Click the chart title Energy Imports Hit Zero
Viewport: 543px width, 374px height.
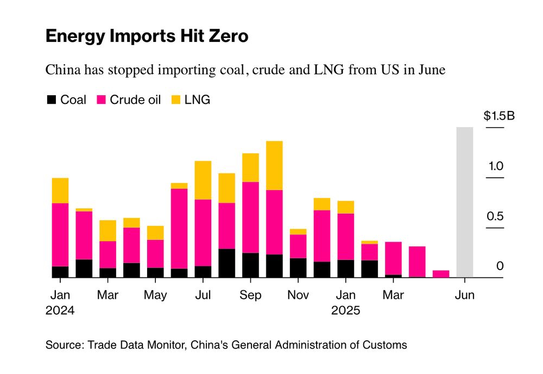(147, 36)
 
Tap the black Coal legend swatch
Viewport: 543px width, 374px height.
(52, 100)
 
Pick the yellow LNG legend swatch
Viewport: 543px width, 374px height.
(175, 100)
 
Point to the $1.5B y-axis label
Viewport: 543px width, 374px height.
(498, 116)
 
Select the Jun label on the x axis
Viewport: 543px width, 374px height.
(464, 295)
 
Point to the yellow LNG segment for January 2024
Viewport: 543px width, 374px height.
(60, 190)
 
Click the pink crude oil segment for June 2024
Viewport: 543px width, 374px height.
(179, 228)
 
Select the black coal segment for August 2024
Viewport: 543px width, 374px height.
(226, 263)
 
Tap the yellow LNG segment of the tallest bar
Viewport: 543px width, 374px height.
(274, 165)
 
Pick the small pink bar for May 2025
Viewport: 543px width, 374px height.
(441, 274)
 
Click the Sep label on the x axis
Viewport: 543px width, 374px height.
(250, 295)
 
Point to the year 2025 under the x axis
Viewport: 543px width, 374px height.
(346, 311)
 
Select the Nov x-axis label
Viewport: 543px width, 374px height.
(298, 295)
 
